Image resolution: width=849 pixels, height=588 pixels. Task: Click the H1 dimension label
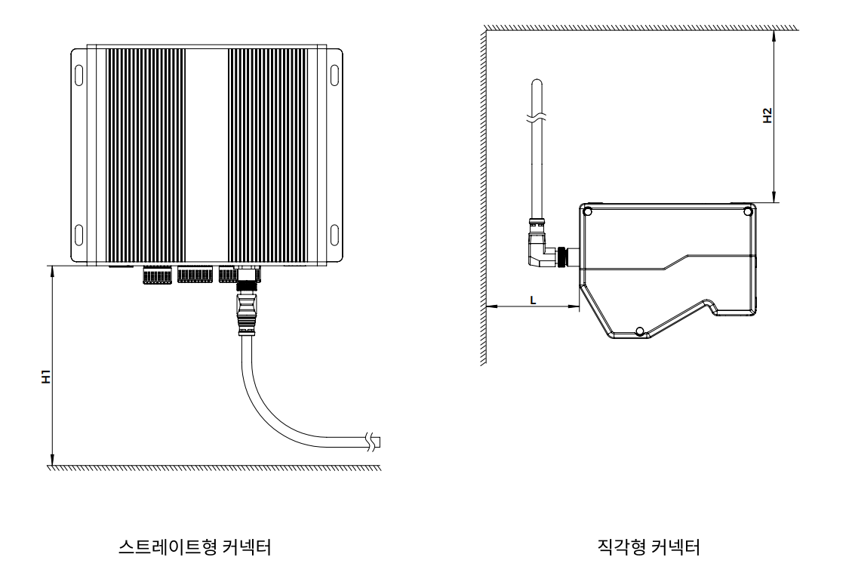[46, 376]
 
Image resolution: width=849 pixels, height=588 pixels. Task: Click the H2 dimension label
[767, 115]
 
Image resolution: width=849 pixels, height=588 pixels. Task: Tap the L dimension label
[534, 299]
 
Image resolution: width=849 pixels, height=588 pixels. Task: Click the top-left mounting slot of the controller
[78, 76]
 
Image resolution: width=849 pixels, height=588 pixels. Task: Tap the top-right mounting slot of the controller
[335, 76]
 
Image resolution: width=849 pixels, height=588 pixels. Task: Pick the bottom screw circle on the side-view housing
[640, 331]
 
